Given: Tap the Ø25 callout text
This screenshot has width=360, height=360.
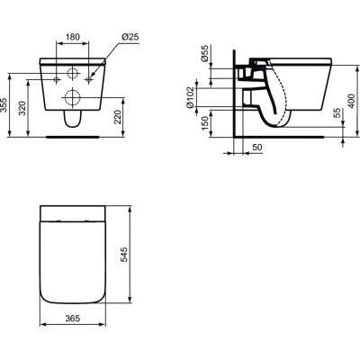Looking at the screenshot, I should tap(131, 38).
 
